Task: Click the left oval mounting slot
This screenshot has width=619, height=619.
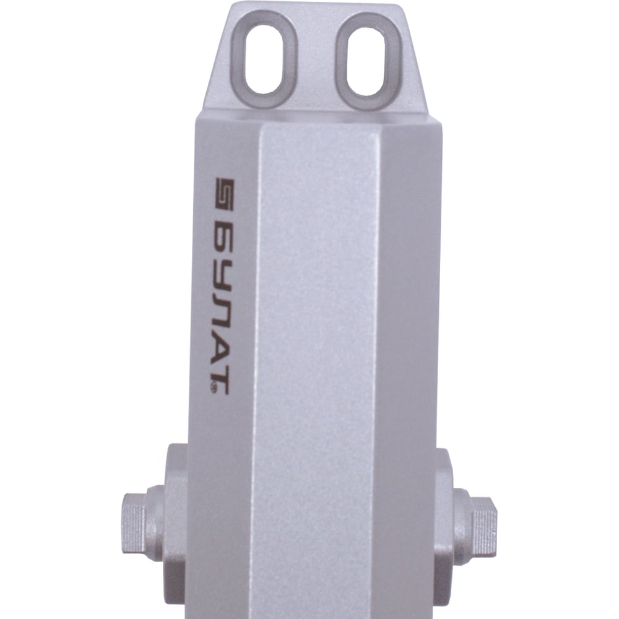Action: (262, 59)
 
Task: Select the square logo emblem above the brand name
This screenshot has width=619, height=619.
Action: (225, 194)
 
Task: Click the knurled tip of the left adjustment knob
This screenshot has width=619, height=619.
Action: (134, 524)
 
